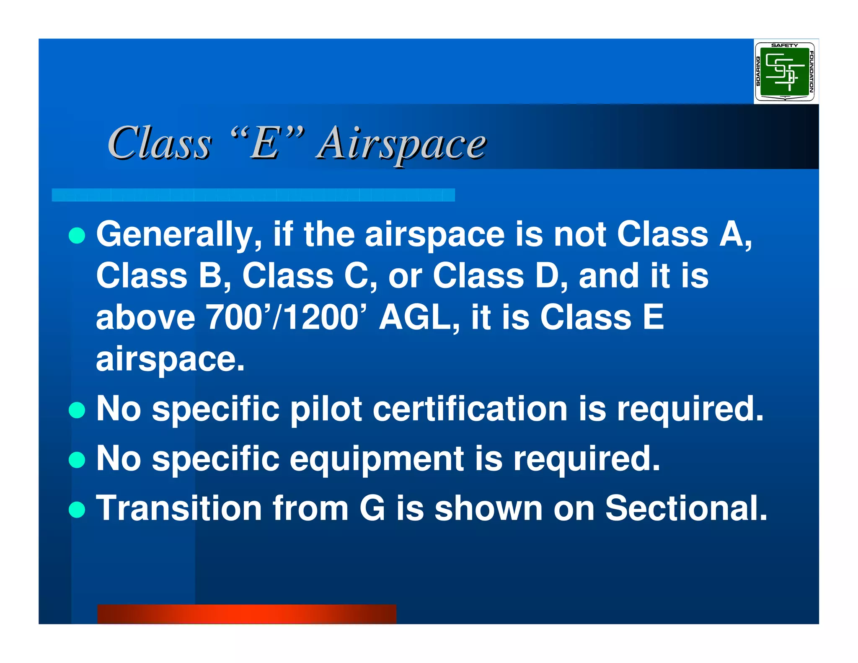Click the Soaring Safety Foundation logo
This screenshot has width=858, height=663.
click(x=785, y=72)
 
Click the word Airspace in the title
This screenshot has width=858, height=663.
click(x=401, y=144)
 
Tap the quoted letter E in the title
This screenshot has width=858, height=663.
click(x=266, y=144)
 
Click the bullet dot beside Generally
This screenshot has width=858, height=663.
click(x=77, y=236)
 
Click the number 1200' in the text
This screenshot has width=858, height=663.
click(x=323, y=317)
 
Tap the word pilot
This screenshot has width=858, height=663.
click(x=326, y=409)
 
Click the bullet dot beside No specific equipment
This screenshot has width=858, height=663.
click(x=77, y=460)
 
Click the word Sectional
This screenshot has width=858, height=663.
click(x=686, y=508)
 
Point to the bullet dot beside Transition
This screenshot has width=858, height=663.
click(x=77, y=510)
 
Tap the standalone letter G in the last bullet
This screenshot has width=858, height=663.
click(x=372, y=508)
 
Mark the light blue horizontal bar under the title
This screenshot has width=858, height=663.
click(x=253, y=195)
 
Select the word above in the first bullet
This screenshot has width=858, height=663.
click(x=145, y=317)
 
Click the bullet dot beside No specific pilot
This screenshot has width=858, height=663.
click(x=77, y=410)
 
